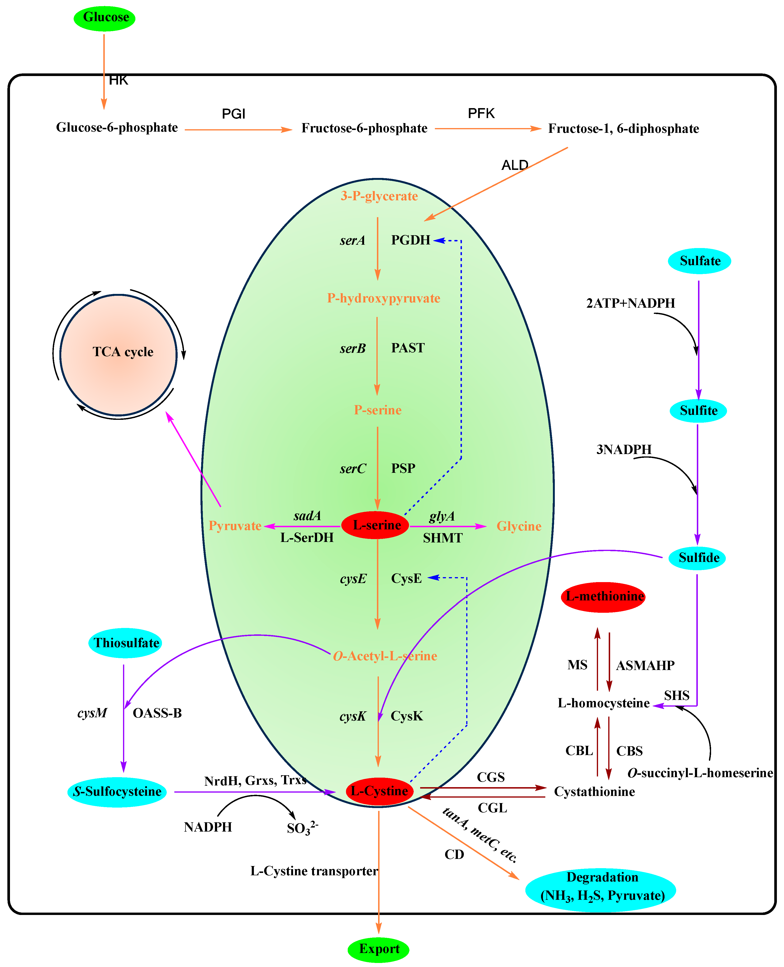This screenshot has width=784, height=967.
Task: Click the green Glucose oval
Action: click(x=104, y=18)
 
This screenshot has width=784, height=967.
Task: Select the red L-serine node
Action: click(x=375, y=525)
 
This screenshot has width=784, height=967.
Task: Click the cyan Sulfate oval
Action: click(x=699, y=261)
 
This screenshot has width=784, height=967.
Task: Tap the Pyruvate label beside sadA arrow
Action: click(x=235, y=526)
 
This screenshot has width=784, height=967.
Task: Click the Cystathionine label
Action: click(x=594, y=791)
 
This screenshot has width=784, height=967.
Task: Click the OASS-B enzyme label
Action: click(x=157, y=713)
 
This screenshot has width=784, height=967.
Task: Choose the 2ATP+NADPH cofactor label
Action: click(x=630, y=303)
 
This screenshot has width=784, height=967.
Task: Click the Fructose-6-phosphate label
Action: click(x=365, y=128)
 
